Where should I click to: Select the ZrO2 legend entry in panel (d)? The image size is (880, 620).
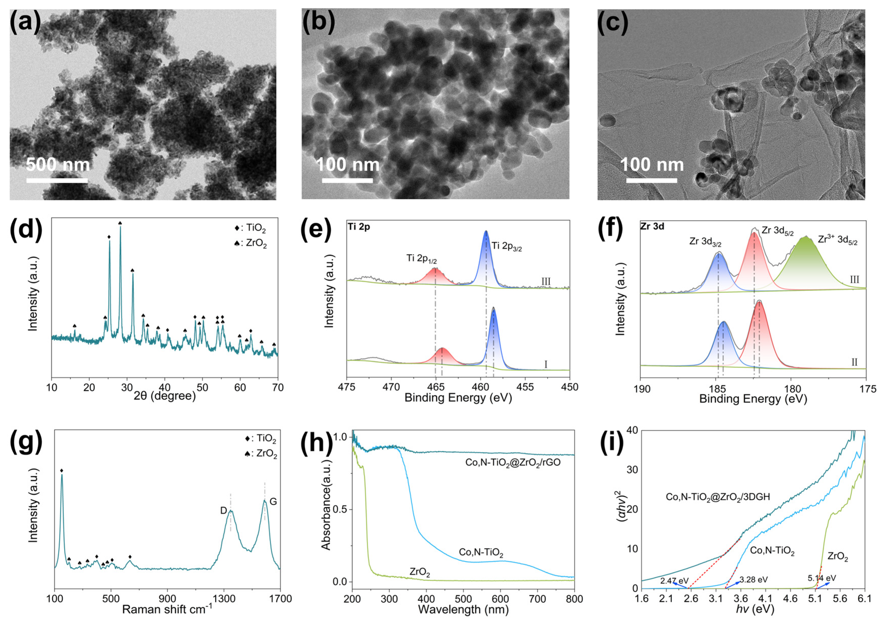tap(251, 243)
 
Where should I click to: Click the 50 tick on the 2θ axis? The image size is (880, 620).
tap(202, 387)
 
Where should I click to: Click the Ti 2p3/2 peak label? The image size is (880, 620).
tap(507, 246)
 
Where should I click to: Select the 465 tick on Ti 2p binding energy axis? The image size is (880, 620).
tap(435, 387)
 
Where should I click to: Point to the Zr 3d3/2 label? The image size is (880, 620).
tap(706, 242)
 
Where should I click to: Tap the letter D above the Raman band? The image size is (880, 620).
tap(223, 510)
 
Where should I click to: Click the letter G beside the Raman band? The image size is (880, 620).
tap(273, 501)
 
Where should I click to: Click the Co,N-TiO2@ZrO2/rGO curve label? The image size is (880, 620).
tap(513, 462)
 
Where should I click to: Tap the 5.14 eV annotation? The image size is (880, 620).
tap(822, 578)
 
